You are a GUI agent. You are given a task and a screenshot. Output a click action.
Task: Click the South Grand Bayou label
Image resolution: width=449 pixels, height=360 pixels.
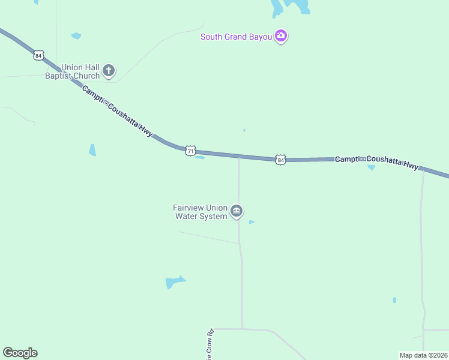237,37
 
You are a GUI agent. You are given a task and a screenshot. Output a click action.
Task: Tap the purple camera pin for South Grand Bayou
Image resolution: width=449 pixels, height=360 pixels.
280,37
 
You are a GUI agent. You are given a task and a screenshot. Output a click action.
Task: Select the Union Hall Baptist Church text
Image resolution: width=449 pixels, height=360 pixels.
73,72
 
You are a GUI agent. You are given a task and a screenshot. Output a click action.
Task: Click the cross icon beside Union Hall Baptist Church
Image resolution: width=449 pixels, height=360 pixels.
109,71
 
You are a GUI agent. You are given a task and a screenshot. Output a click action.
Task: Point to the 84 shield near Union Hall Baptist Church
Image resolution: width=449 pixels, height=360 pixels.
38,55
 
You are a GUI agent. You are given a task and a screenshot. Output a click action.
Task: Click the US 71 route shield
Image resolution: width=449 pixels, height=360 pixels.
190,151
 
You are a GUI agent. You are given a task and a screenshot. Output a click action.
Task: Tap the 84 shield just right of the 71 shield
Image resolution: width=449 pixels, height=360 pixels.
280,160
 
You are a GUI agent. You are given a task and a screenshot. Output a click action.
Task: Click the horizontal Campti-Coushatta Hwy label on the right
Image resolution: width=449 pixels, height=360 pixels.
376,162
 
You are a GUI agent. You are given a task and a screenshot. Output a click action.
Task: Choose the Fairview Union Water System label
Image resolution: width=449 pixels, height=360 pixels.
200,212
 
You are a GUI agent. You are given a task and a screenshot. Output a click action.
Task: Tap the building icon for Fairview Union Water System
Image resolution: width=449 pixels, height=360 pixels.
237,211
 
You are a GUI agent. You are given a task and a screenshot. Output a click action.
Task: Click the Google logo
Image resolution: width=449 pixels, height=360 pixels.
20,353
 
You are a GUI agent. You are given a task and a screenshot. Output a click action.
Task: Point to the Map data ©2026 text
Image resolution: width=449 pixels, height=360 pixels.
423,355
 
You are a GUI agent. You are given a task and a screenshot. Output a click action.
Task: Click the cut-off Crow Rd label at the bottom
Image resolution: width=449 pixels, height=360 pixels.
210,344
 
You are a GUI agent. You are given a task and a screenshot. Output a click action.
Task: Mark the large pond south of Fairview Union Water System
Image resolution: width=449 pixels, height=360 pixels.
175,282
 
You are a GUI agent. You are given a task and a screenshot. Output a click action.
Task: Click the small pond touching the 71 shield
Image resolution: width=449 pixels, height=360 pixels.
200,158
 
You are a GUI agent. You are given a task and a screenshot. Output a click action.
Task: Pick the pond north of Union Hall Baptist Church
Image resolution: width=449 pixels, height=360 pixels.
76,36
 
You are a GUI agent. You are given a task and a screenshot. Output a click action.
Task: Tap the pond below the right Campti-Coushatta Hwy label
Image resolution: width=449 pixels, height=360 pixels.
371,168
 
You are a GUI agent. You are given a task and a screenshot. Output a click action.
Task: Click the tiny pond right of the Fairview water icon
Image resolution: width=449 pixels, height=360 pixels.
252,222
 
